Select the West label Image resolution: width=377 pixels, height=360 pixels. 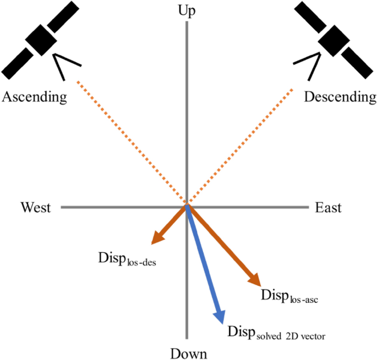[x=36, y=208]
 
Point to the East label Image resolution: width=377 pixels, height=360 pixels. [x=328, y=208]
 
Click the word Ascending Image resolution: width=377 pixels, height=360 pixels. [x=35, y=97]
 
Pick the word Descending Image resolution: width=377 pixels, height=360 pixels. [x=340, y=97]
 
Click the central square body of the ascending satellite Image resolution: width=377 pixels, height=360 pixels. [x=43, y=38]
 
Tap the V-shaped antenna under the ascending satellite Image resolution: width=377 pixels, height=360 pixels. [x=64, y=65]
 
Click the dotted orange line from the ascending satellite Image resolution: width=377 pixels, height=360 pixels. [x=132, y=144]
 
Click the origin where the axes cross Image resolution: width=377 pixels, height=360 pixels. [x=187, y=207]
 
